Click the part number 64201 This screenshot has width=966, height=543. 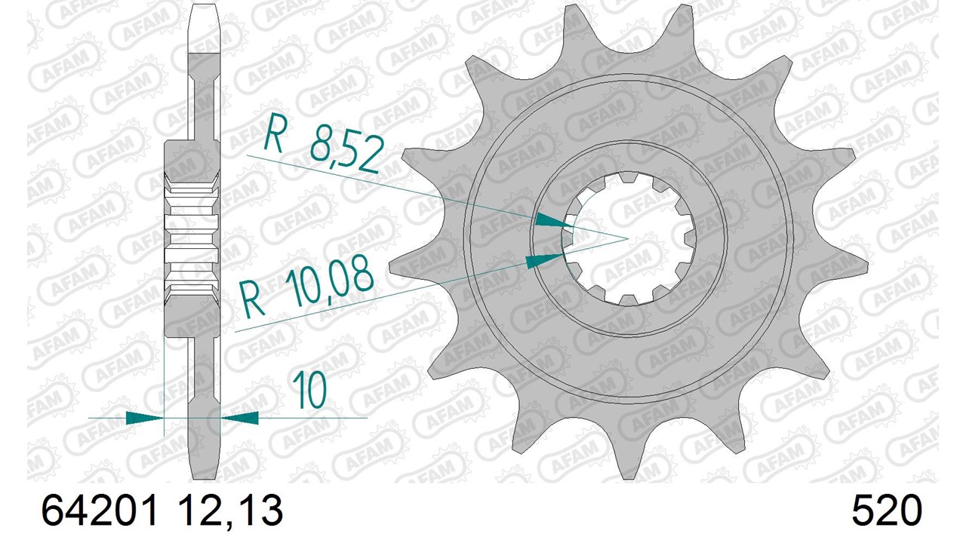pos(98,511)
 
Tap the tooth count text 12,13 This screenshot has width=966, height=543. pos(230,511)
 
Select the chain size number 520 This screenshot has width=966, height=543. pos(887,511)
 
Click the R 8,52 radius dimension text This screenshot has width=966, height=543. pos(325,143)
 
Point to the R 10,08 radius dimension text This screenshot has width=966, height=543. pos(306,285)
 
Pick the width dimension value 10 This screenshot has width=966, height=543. pos(309,391)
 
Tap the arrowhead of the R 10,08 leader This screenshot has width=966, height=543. pos(544,260)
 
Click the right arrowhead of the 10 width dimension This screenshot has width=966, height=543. pos(239,418)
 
